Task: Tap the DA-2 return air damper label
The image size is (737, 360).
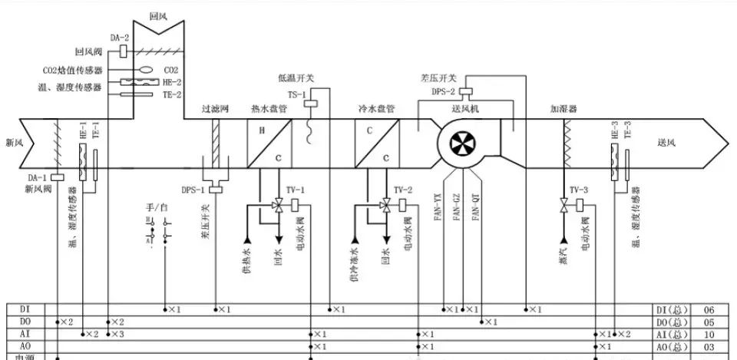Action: click(x=119, y=37)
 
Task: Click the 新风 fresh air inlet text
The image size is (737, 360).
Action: click(x=15, y=143)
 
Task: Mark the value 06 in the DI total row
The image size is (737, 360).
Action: click(x=709, y=309)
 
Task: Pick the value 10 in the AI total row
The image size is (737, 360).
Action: click(x=709, y=335)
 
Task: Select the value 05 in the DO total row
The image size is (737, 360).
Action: click(x=709, y=322)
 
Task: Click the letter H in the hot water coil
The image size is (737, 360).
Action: click(x=262, y=130)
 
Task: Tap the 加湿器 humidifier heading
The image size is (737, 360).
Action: click(x=563, y=109)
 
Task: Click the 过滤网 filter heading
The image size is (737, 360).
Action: click(x=214, y=109)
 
